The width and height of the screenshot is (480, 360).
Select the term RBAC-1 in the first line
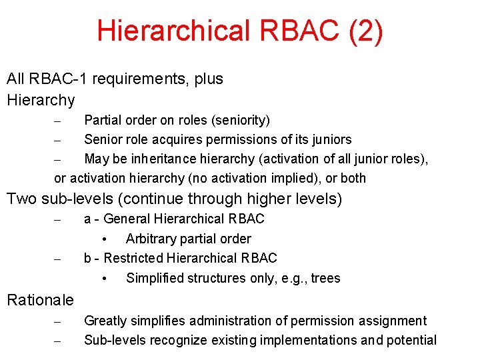[x=59, y=79]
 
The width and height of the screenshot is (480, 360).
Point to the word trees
[x=325, y=278]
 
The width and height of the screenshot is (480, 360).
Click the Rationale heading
[x=40, y=300]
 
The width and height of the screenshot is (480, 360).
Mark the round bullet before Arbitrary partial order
[x=105, y=239]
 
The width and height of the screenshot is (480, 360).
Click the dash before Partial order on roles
[x=58, y=121]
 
